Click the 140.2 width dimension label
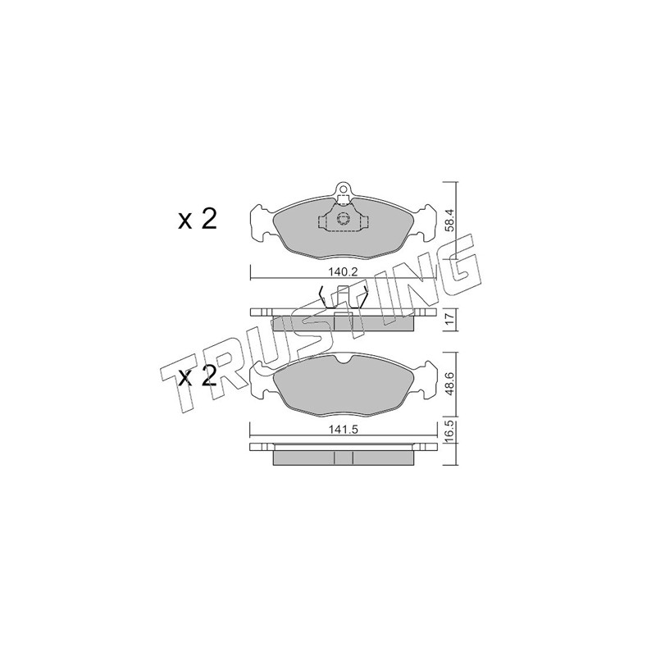(343, 272)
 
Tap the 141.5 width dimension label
(343, 430)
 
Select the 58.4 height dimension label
(449, 221)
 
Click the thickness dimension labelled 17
(449, 320)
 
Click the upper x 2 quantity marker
(198, 219)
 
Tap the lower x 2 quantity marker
(198, 376)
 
